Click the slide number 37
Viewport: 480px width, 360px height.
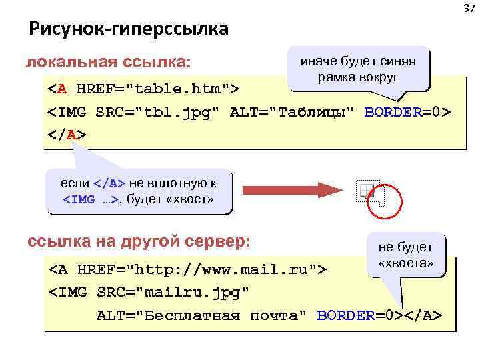[469, 7]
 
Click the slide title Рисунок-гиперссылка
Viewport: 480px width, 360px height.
[128, 29]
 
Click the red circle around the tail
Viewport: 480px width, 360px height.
[385, 199]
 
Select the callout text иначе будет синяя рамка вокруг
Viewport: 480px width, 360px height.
[358, 69]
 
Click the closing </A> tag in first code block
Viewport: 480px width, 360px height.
[67, 134]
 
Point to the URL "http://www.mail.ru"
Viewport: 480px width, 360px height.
[223, 270]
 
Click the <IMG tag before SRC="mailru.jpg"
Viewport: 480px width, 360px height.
[69, 292]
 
